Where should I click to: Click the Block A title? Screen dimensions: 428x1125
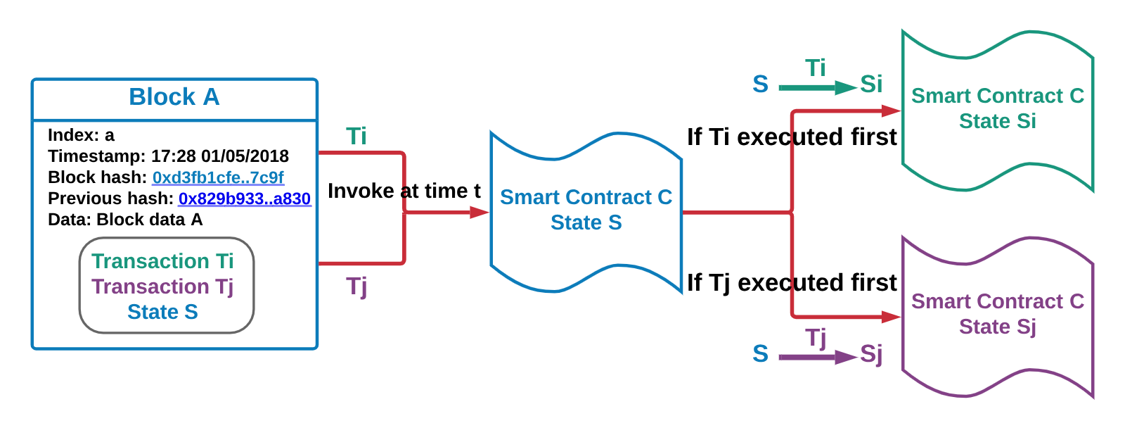174,97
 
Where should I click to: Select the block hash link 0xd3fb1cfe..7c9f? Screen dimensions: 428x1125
218,177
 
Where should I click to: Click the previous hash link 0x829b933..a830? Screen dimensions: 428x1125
245,199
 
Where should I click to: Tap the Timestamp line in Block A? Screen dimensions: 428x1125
168,156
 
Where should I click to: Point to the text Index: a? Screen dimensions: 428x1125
81,135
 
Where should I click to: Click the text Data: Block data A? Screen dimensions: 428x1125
125,220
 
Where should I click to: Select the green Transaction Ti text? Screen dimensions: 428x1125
162,261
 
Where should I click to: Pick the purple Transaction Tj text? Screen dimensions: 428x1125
162,287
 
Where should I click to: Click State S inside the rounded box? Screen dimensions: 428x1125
162,312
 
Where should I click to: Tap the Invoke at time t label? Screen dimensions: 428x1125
404,191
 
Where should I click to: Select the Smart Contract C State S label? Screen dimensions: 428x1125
586,210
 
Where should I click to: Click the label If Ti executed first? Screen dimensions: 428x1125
792,137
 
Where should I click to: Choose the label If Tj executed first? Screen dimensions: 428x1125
792,282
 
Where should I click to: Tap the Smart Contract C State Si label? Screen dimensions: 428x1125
998,108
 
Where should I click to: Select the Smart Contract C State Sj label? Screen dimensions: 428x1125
998,314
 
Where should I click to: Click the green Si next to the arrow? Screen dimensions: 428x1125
871,84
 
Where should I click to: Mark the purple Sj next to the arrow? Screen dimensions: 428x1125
871,353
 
